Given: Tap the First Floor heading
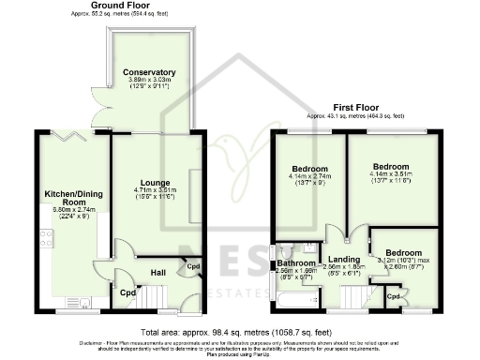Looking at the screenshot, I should pos(352,108).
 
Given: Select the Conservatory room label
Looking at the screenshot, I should pos(149,72).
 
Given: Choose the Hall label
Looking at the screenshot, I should pos(159,273).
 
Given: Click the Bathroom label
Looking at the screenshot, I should pos(295,263).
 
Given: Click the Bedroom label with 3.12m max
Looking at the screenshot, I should pos(404,252).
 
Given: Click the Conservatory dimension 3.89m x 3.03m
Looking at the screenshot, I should pos(149,81).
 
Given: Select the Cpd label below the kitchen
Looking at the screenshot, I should pos(127,292).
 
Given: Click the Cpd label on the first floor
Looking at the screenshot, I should pos(394,296).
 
